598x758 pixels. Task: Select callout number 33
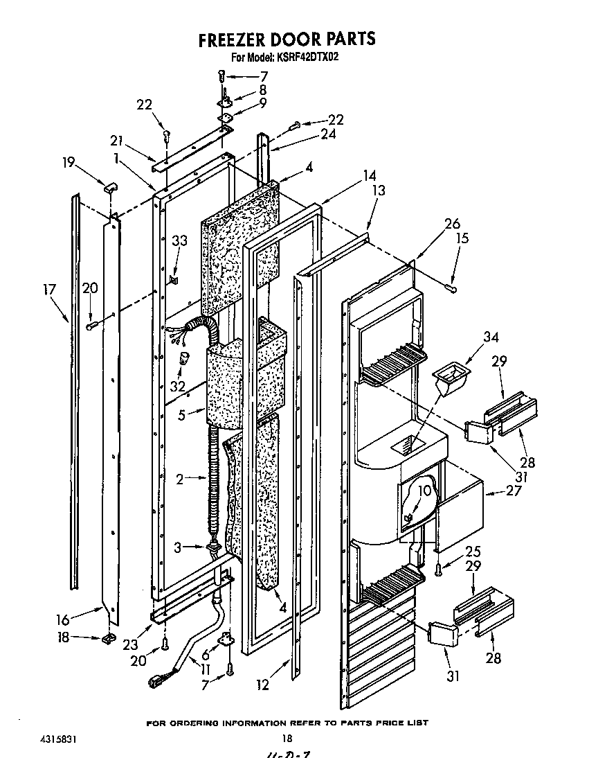(179, 241)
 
